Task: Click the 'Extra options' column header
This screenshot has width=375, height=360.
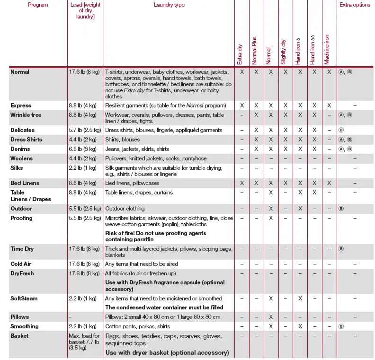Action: click(355, 5)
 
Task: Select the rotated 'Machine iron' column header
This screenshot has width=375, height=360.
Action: click(327, 50)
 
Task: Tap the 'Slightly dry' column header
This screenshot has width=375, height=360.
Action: click(284, 52)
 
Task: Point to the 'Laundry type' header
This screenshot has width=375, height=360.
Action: click(169, 5)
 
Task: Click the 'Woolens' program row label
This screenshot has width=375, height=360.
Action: click(21, 158)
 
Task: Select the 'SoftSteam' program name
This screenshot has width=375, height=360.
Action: click(24, 299)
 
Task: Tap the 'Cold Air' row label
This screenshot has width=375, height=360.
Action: click(21, 264)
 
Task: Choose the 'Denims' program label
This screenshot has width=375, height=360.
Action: click(20, 149)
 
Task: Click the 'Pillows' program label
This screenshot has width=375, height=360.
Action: click(20, 316)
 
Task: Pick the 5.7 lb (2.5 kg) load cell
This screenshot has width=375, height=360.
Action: click(85, 130)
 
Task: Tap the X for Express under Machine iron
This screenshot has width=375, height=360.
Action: click(330, 105)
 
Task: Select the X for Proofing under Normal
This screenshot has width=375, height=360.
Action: click(271, 218)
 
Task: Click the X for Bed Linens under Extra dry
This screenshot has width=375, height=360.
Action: click(241, 183)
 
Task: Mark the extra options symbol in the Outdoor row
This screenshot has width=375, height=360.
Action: click(341, 209)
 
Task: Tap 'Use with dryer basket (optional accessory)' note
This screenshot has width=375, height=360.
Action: click(167, 352)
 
